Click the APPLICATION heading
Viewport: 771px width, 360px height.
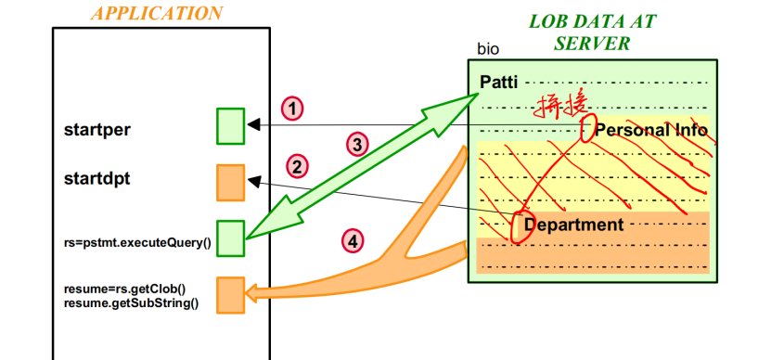click(158, 14)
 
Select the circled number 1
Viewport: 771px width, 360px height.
click(293, 109)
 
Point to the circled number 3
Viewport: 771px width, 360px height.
click(356, 144)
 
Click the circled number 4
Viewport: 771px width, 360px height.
click(352, 241)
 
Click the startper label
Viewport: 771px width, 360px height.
click(96, 129)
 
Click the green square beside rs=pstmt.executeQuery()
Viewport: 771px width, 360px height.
click(230, 235)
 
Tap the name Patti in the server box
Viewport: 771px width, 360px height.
click(500, 82)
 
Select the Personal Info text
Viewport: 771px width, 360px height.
click(651, 130)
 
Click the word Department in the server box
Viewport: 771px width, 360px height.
click(573, 225)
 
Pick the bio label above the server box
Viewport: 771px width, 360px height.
click(488, 48)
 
